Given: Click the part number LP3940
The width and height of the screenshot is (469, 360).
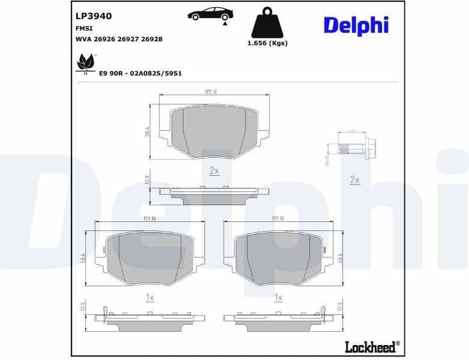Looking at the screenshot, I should [x=94, y=16].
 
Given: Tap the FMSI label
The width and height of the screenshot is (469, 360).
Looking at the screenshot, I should [x=83, y=28].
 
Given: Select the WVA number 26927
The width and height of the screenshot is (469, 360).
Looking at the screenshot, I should [x=131, y=39].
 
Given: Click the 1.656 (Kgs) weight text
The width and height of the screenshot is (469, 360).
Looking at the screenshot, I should [x=267, y=43].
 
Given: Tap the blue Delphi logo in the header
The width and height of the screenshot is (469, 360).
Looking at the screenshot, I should [x=356, y=25].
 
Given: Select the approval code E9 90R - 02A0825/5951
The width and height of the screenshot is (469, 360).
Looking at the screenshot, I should [x=140, y=73].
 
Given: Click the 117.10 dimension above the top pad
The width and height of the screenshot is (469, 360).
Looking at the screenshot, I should [x=210, y=92].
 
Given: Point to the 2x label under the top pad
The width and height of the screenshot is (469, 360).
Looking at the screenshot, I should [x=214, y=171].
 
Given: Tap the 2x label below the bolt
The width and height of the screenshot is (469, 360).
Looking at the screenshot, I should [x=354, y=180].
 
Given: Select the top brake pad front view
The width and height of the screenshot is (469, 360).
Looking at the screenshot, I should [x=214, y=131].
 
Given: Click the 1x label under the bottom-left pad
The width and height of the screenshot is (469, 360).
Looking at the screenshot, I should [x=150, y=298].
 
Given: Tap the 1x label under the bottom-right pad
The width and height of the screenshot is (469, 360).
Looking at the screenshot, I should [x=278, y=298].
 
